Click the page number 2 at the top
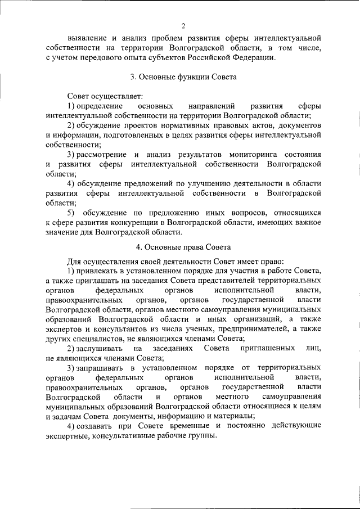183,25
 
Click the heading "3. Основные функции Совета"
183,76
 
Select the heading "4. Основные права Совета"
183,247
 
